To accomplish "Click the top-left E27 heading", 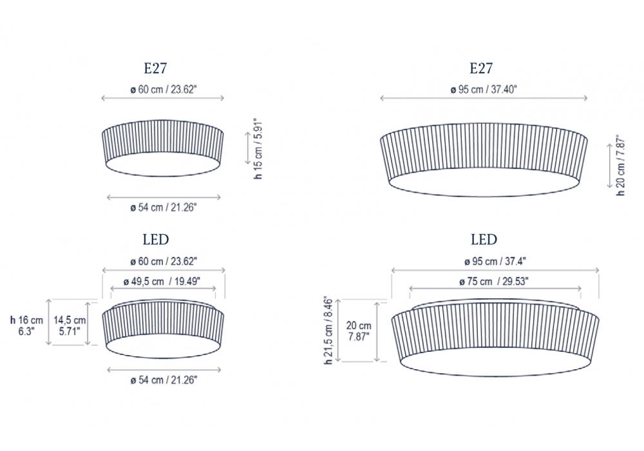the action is click(x=155, y=68).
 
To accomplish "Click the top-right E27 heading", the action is click(x=481, y=68).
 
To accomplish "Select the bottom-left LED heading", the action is click(x=156, y=240).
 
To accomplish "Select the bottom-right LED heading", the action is click(x=484, y=240).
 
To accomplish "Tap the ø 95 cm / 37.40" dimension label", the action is click(x=484, y=90).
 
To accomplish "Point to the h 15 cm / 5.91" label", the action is click(x=258, y=149).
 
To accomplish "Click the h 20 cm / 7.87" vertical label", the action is click(x=621, y=165).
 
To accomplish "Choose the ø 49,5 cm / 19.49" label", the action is click(x=162, y=282).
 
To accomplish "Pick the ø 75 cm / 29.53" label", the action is click(x=494, y=282).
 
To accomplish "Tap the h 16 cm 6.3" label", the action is click(x=26, y=326).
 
